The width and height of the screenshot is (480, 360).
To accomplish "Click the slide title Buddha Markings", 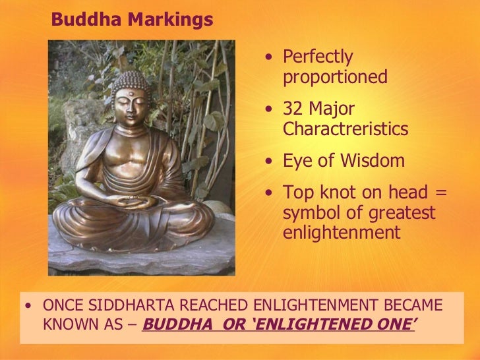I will pyautogui.click(x=132, y=20).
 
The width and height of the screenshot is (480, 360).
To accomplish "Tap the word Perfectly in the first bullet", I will pyautogui.click(x=318, y=58).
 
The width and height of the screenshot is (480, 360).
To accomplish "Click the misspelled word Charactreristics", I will pyautogui.click(x=345, y=129).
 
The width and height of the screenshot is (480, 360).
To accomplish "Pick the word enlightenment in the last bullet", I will pyautogui.click(x=341, y=233).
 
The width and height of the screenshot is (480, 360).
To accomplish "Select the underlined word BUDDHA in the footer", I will pyautogui.click(x=171, y=324).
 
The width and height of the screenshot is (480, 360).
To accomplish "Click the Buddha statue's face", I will pyautogui.click(x=132, y=105).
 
